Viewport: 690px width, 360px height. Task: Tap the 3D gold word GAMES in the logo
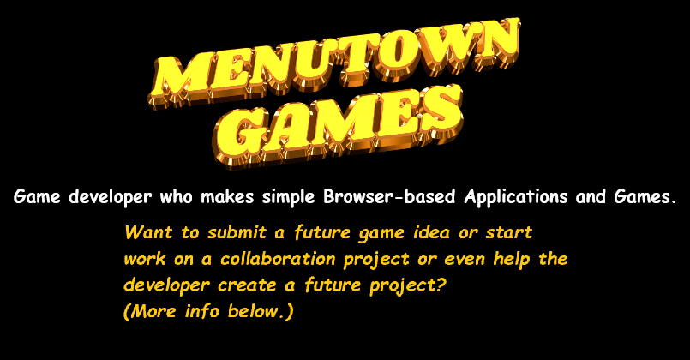pyautogui.click(x=338, y=125)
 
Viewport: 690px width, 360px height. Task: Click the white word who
pyautogui.click(x=176, y=197)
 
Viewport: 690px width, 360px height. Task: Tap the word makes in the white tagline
pyautogui.click(x=227, y=197)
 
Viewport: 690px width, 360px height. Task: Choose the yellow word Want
pyautogui.click(x=148, y=232)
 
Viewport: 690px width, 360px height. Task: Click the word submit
pyautogui.click(x=237, y=232)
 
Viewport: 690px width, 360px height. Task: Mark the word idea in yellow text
pyautogui.click(x=432, y=232)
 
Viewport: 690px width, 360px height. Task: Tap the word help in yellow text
pyautogui.click(x=512, y=259)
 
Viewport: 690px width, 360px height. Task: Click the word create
pyautogui.click(x=247, y=285)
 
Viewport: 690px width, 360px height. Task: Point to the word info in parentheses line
pyautogui.click(x=202, y=311)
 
